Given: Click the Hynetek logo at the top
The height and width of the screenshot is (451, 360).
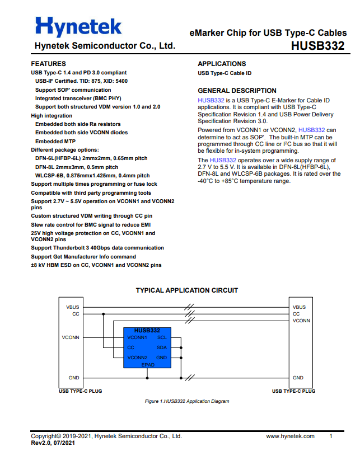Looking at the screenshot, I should (78, 26).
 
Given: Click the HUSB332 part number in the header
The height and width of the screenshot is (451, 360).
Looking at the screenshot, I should (317, 46).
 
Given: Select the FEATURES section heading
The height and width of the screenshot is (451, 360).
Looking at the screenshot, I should (48, 64).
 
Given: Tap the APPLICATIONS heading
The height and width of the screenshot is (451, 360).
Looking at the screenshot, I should (222, 64).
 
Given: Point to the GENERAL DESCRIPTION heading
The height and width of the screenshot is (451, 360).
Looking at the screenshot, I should (237, 91).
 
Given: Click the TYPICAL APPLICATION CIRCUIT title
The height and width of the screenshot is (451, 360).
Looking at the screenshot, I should (187, 290).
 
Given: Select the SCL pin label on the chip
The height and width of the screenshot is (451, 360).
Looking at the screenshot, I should (162, 337).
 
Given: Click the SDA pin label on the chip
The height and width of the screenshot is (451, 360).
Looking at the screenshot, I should (162, 347).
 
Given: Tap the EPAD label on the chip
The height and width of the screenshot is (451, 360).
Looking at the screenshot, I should (147, 364).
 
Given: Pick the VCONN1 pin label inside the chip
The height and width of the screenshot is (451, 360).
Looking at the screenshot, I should (137, 337).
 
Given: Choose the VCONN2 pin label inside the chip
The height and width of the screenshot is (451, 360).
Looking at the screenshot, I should (137, 358).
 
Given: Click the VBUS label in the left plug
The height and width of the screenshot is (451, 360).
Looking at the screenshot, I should (73, 307).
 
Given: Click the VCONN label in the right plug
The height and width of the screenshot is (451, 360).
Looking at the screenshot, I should (301, 321).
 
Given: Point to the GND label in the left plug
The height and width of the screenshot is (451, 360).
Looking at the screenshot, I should (74, 378).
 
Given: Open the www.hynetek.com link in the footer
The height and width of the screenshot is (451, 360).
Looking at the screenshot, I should (290, 436).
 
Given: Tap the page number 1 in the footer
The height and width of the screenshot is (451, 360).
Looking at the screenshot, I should (331, 436).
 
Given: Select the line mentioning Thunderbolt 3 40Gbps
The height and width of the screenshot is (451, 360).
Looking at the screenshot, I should (97, 248).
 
